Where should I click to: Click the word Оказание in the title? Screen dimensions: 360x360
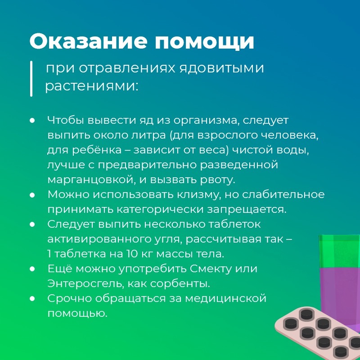[x=88, y=41]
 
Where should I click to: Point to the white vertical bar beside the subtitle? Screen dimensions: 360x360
[x=31, y=78]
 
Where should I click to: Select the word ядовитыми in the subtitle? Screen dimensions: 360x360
[x=221, y=68]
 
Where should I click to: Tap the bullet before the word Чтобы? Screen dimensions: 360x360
[x=32, y=120]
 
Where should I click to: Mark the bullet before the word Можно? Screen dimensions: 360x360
[x=32, y=195]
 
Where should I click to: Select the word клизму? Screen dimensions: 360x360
[x=197, y=195]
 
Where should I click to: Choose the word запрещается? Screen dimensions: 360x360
[x=247, y=210]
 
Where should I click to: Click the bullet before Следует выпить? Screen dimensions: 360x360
[x=32, y=225]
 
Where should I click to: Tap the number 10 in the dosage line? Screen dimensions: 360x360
[x=132, y=254]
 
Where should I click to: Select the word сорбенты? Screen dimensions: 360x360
[x=180, y=284]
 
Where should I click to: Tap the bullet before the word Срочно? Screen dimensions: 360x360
[x=32, y=299]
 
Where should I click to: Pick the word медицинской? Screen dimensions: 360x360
[x=226, y=298]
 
